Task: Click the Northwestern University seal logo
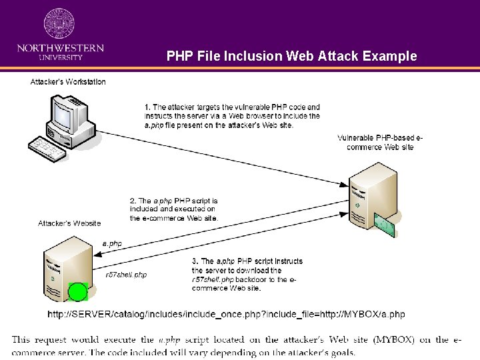(59, 23)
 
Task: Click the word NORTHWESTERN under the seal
(61, 48)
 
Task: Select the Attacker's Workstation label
(68, 82)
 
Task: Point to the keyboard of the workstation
(47, 149)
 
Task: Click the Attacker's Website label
(69, 223)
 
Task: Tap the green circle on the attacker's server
(78, 291)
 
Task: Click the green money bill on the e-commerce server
(385, 225)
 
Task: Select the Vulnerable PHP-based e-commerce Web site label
(380, 143)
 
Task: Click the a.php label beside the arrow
(112, 244)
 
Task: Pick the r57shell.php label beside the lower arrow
(126, 275)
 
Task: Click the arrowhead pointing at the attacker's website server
(98, 254)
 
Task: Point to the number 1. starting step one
(147, 107)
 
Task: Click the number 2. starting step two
(133, 201)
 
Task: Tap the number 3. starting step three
(195, 261)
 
